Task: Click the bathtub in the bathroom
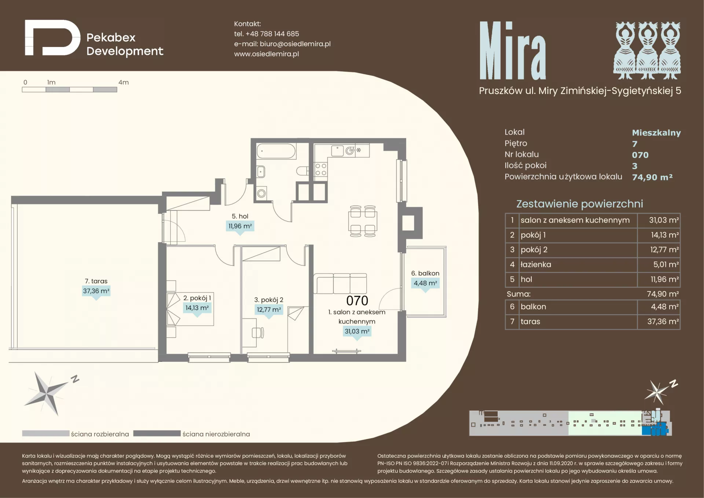tap(276, 151)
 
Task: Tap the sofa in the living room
tap(340, 283)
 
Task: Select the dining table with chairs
tap(363, 221)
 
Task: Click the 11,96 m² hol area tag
tap(240, 226)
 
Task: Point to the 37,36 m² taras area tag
tap(96, 291)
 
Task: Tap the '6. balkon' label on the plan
tap(425, 273)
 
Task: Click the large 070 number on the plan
tap(357, 301)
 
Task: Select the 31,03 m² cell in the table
tap(664, 220)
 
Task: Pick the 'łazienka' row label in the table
tap(536, 264)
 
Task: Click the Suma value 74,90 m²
tap(663, 294)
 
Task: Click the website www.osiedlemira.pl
tap(267, 54)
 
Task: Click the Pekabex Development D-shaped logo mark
tap(52, 38)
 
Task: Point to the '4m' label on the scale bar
tap(124, 83)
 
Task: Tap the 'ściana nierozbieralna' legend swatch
tap(157, 433)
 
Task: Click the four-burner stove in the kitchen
tap(321, 170)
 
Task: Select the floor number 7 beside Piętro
tap(635, 144)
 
